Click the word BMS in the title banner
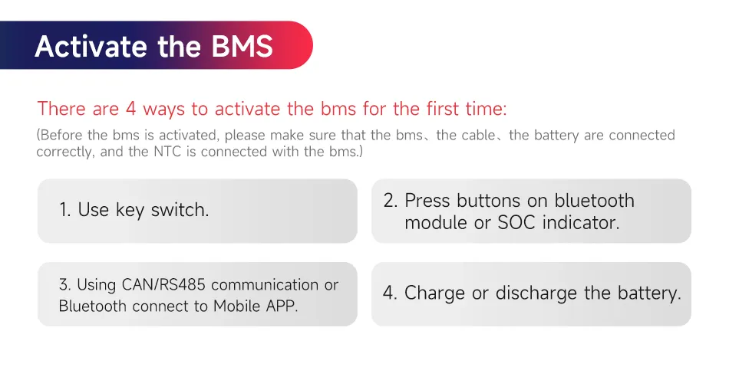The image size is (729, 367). (242, 46)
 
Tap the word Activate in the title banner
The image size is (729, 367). (91, 46)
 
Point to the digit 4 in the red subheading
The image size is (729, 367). (130, 109)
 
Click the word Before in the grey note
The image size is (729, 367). (60, 135)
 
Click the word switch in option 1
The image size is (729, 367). (180, 210)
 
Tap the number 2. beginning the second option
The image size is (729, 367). (391, 201)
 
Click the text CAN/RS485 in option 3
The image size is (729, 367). (163, 284)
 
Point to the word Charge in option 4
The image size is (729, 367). (435, 293)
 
